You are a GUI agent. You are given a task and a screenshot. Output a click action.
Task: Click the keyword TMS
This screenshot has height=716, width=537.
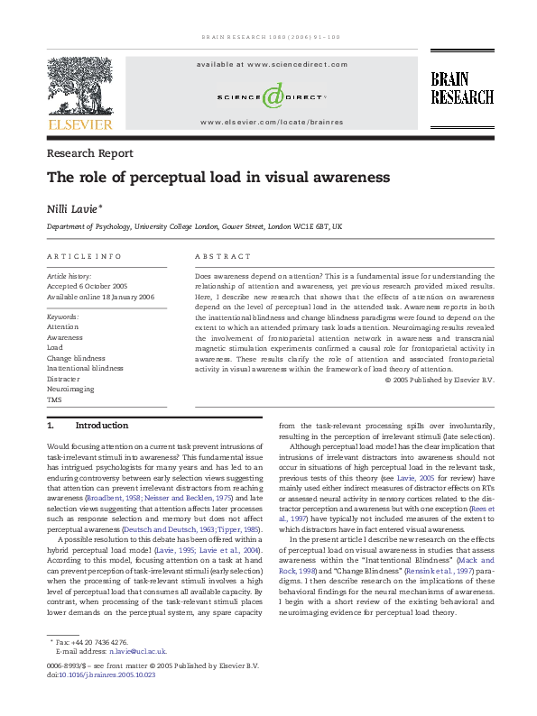click(x=55, y=398)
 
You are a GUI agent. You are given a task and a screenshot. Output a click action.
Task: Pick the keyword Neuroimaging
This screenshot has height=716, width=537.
click(x=70, y=388)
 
